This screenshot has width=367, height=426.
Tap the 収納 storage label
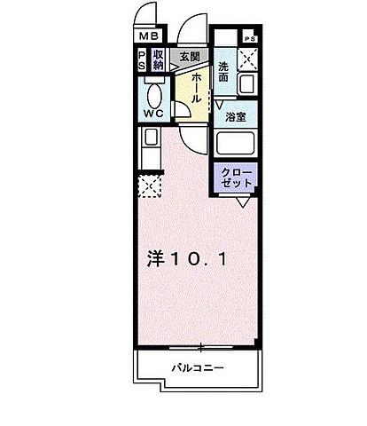158,60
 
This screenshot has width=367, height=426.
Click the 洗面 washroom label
226,70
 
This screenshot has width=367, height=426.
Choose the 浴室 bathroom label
235,116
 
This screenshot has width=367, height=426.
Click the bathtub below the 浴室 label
236,145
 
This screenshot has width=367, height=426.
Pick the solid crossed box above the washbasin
247,59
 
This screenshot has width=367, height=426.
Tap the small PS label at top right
249,39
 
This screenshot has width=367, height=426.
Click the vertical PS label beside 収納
141,60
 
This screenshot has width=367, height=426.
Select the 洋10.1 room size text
188,259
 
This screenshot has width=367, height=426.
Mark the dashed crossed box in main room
148,186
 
